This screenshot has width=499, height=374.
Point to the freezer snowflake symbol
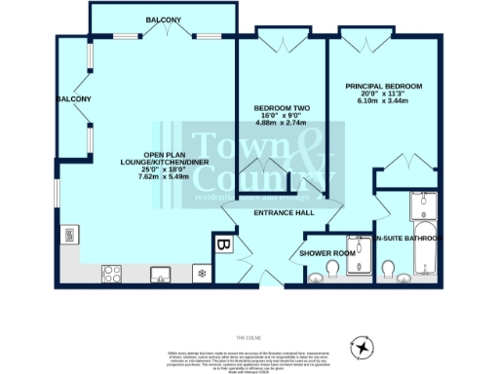click(202, 272)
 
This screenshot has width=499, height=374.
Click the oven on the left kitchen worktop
click(70, 234)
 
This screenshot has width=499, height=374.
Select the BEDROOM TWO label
click(282, 107)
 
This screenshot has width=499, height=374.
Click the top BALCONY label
click(163, 19)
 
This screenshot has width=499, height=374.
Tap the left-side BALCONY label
click(73, 99)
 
